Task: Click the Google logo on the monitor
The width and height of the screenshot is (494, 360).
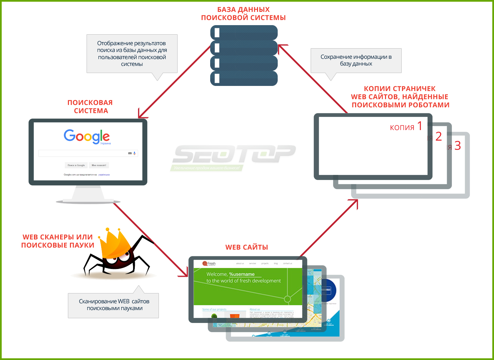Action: (x=87, y=136)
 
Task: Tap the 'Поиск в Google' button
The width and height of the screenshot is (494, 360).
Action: (x=76, y=165)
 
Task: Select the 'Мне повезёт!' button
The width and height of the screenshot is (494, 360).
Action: (x=99, y=165)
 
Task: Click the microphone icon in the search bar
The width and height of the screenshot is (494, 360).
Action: (x=134, y=154)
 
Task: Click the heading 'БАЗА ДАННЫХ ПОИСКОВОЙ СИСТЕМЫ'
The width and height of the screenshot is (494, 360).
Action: (x=243, y=14)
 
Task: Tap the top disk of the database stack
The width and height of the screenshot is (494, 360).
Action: (x=244, y=33)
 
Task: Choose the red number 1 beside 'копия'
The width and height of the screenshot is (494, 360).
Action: (x=420, y=126)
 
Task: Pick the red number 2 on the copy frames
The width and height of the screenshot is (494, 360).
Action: (x=438, y=137)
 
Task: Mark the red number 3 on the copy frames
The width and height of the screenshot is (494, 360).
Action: (x=457, y=146)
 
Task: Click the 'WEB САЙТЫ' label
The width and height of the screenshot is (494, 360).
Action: (x=246, y=247)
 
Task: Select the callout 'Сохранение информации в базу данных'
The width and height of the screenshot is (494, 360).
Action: (x=356, y=60)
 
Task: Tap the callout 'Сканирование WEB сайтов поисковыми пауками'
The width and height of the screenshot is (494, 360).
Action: (x=114, y=305)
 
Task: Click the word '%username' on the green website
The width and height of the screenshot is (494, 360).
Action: (x=242, y=274)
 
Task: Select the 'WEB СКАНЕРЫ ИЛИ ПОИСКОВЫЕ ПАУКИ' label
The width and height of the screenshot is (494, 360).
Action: (x=58, y=241)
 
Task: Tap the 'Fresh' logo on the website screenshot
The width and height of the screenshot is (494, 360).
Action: (x=209, y=263)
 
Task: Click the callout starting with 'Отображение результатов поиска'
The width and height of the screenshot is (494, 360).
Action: (x=132, y=54)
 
